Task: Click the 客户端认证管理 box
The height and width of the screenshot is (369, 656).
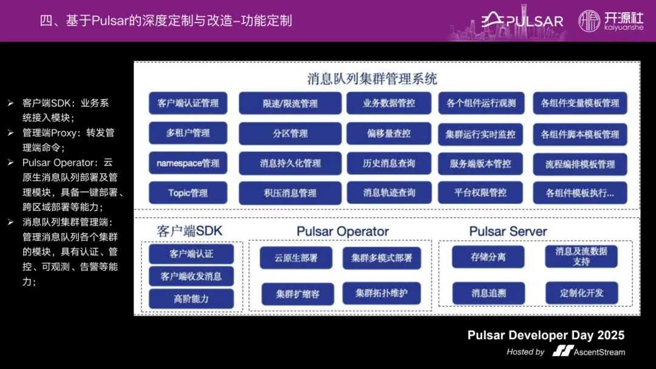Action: tap(188, 103)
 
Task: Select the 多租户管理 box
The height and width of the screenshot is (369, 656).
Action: tap(188, 133)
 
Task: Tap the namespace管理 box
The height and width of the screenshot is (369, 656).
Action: tap(188, 163)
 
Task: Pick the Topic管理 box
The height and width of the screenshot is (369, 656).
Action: tap(188, 193)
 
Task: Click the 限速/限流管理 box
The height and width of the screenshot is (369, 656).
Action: tap(290, 104)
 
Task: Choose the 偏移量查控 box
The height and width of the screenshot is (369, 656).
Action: tap(389, 134)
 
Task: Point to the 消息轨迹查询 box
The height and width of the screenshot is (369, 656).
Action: tap(389, 193)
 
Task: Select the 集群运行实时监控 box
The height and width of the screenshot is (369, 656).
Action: tap(480, 134)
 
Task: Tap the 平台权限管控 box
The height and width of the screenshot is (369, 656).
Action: tap(480, 193)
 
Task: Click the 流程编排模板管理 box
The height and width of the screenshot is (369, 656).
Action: tap(580, 164)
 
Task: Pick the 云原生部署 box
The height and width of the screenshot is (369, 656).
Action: tap(296, 257)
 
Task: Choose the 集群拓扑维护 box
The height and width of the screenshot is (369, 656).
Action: tap(381, 294)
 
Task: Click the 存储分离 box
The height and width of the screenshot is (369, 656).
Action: tap(488, 257)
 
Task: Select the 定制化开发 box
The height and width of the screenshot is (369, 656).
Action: tap(582, 293)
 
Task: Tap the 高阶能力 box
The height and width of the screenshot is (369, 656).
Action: tap(191, 299)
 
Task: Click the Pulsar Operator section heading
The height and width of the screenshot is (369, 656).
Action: tap(343, 232)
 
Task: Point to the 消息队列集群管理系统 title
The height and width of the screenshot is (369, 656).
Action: tap(372, 79)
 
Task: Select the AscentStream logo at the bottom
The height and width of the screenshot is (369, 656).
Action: tap(589, 351)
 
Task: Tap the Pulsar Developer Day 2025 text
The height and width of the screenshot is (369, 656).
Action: tap(545, 336)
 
